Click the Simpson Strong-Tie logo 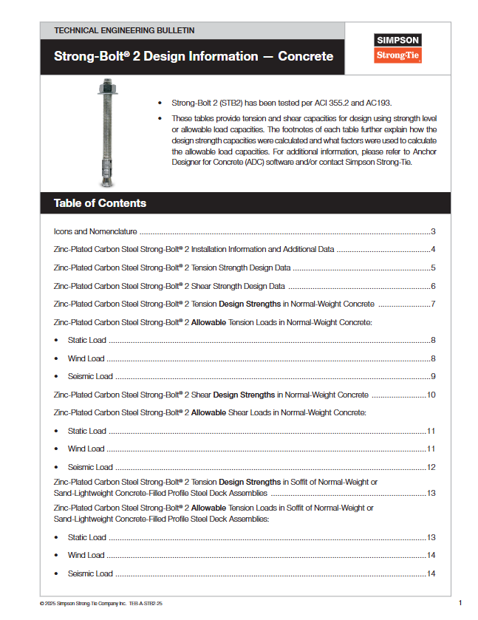point(397,48)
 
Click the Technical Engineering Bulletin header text point(125,30)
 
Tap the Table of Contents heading point(100,203)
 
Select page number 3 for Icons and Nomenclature point(433,231)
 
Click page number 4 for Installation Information point(433,250)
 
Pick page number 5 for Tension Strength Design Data point(433,268)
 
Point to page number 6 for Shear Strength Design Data point(433,286)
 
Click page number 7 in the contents point(433,304)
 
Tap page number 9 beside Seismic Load point(433,377)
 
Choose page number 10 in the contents point(431,395)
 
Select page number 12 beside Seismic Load point(431,467)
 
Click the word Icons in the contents point(63,231)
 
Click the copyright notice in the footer point(101,604)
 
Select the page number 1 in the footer point(460,603)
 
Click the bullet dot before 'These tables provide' point(160,118)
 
